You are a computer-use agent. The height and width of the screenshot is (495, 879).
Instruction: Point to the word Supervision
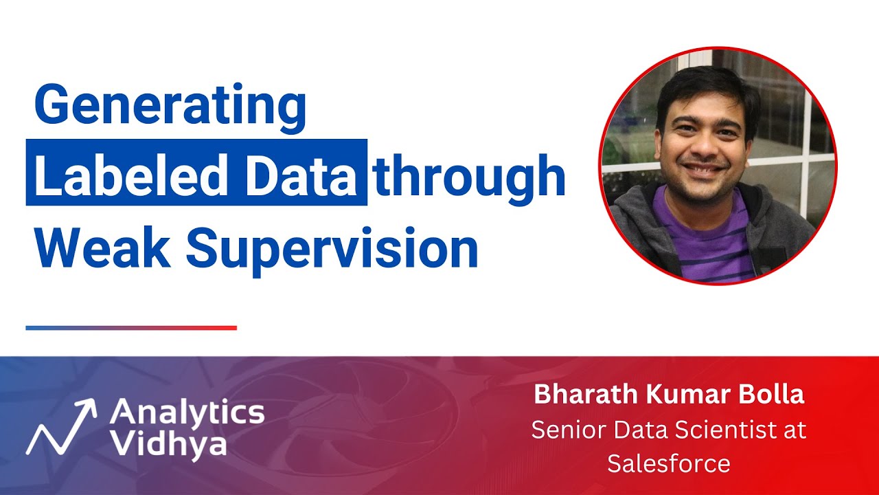(x=332, y=248)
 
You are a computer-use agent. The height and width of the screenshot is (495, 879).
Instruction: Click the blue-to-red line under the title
(x=131, y=328)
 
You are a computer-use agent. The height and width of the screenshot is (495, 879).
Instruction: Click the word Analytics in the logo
(x=187, y=413)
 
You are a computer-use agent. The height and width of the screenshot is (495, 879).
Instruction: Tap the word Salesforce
(x=668, y=463)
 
